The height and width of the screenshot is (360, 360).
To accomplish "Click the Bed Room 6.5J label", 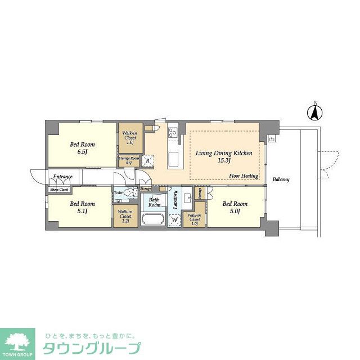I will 79,148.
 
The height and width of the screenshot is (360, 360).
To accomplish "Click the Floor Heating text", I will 244,176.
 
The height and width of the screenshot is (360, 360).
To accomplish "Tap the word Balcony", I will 281,179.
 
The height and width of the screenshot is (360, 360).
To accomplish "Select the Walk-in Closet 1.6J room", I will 129,138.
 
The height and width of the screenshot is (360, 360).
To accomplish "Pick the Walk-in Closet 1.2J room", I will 125,216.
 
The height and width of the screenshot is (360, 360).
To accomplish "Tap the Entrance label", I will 62,177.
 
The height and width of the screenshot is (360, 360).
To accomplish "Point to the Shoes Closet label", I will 60,190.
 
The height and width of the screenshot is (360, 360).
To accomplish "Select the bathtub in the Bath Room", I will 152,219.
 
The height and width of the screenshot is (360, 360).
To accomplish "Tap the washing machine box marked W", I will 174,219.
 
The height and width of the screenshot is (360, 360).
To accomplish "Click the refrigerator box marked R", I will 147,160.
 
